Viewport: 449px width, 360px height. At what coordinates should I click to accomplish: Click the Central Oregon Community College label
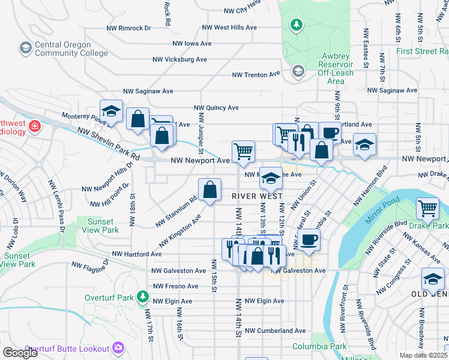pyautogui.click(x=62, y=49)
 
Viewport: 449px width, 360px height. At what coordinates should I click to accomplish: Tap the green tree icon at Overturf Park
pyautogui.click(x=142, y=296)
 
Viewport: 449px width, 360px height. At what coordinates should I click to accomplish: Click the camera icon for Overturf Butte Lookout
pyautogui.click(x=119, y=347)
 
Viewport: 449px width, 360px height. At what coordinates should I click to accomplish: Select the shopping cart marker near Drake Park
pyautogui.click(x=427, y=208)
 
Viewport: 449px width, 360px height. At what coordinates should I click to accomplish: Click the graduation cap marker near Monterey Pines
pyautogui.click(x=110, y=110)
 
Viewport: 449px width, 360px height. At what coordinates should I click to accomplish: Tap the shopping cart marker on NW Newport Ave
pyautogui.click(x=243, y=151)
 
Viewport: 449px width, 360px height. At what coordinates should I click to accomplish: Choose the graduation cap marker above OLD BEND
pyautogui.click(x=432, y=278)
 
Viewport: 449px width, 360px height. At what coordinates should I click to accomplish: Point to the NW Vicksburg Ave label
pyautogui.click(x=179, y=59)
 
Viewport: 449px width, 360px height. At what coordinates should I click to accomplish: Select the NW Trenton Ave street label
pyautogui.click(x=256, y=74)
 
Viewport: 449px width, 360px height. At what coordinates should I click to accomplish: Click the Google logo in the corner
pyautogui.click(x=20, y=352)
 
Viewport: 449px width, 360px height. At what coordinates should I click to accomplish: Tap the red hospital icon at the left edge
pyautogui.click(x=35, y=126)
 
